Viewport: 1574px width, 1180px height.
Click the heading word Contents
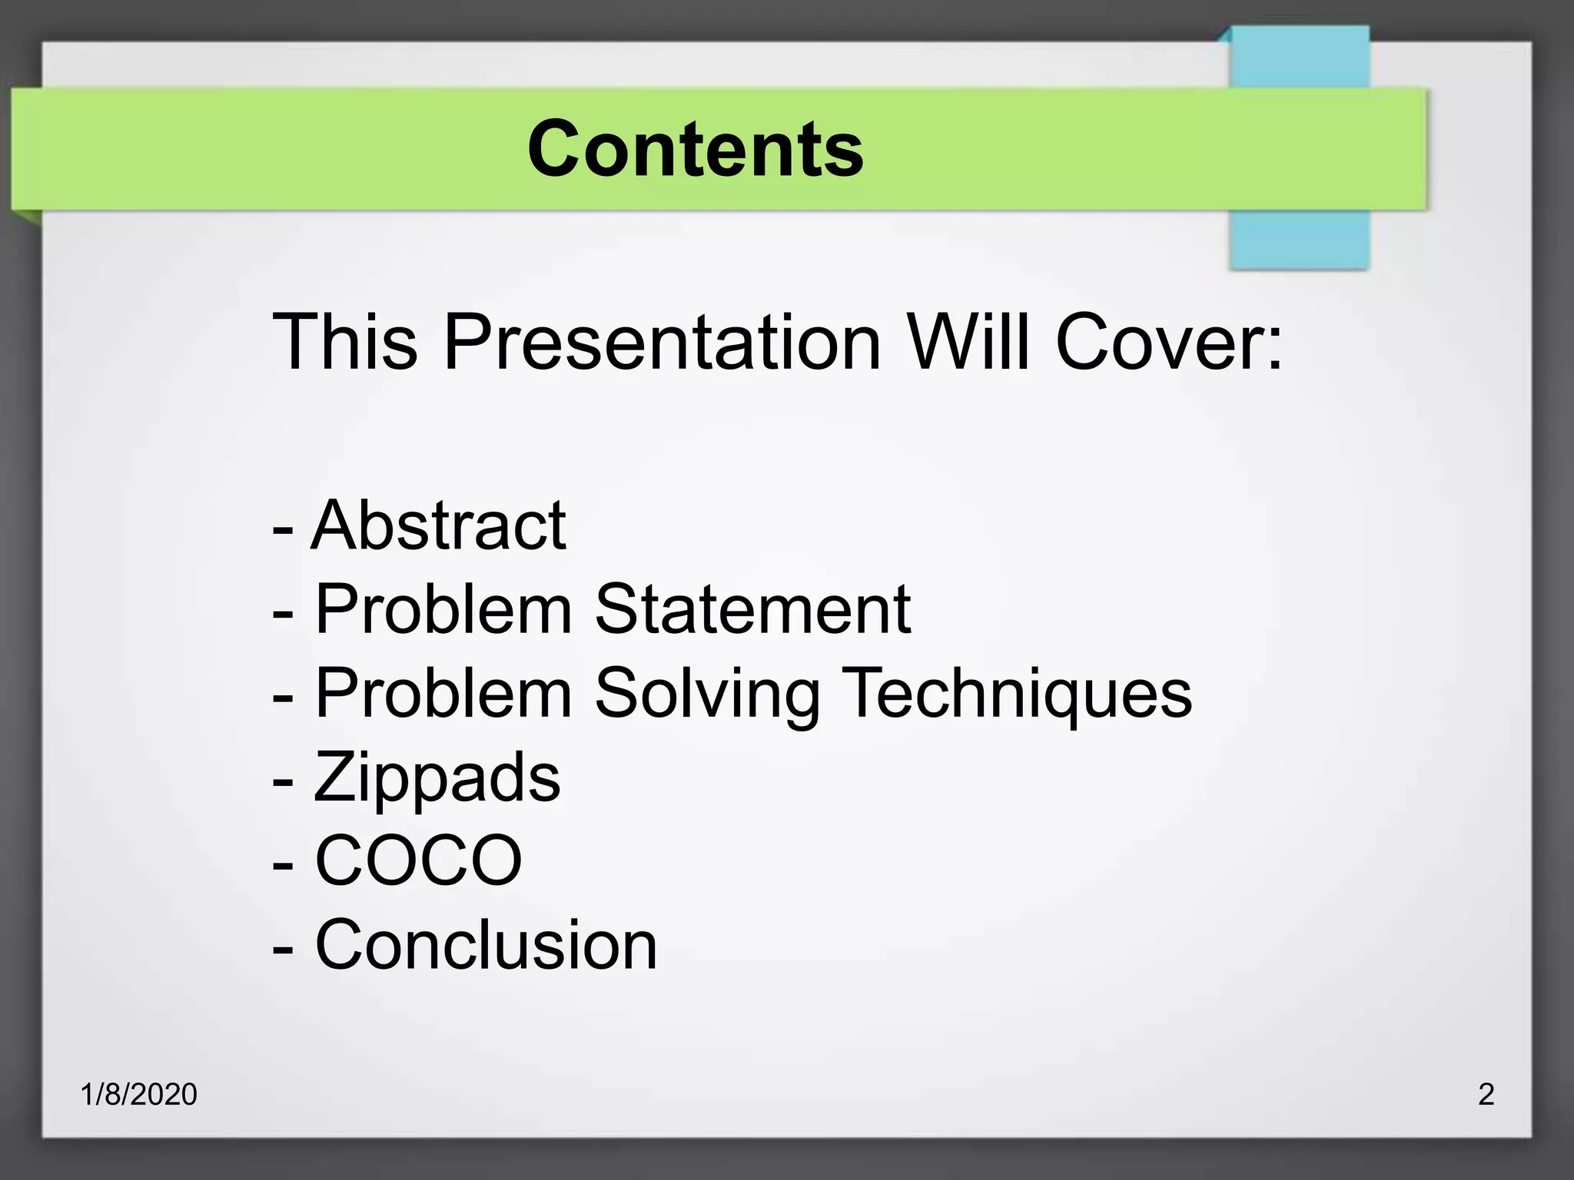coord(696,149)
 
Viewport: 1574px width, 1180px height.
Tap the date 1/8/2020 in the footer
coord(139,1094)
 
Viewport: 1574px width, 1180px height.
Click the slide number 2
coord(1486,1094)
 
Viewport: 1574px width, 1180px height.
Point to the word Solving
coord(707,693)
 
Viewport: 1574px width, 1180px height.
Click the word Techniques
coord(1017,693)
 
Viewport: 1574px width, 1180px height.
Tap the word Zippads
coord(437,777)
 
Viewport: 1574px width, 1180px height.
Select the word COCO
coord(419,860)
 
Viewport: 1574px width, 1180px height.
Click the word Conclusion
coord(486,945)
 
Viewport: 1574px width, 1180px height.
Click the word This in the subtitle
coord(345,341)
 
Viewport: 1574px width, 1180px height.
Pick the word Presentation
coord(662,341)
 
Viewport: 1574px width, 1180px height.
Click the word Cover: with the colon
coord(1169,341)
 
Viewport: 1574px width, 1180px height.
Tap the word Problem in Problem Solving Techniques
coord(443,693)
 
